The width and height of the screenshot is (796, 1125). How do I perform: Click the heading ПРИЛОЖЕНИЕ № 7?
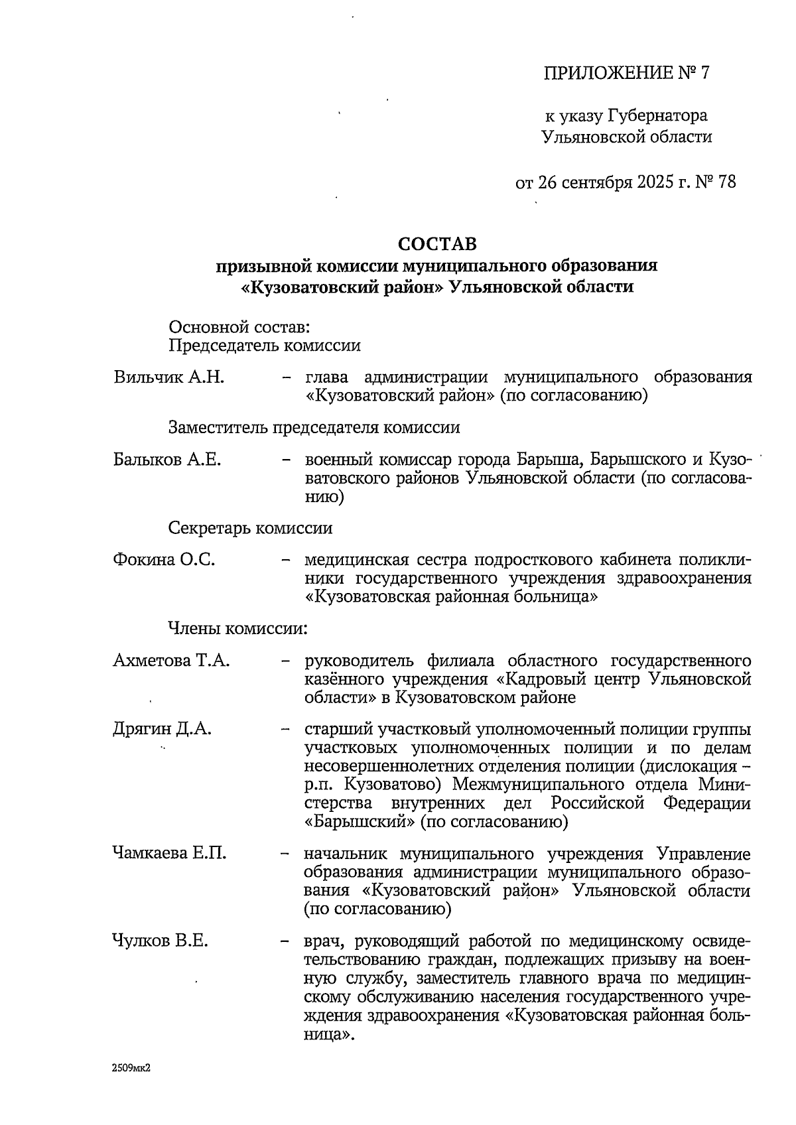click(626, 73)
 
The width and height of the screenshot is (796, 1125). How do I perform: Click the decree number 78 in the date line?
click(726, 182)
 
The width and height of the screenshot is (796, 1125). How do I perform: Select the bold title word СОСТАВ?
click(437, 244)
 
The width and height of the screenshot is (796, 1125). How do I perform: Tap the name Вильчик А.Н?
click(168, 378)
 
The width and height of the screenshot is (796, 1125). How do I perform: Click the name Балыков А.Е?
click(167, 460)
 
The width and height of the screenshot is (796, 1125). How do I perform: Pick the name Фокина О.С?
click(164, 560)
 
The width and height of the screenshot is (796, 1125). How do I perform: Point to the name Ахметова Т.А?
click(171, 661)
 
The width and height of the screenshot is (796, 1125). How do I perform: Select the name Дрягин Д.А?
click(162, 730)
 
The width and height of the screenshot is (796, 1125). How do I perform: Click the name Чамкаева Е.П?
click(170, 854)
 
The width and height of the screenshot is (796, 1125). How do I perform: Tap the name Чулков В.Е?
click(160, 941)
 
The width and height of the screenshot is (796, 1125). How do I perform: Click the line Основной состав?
click(239, 327)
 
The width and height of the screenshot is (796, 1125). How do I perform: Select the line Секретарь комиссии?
click(250, 529)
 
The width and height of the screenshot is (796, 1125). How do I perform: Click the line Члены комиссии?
click(237, 628)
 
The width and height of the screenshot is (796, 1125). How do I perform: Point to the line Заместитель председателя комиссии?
click(314, 428)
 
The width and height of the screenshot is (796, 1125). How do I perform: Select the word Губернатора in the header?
click(657, 116)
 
